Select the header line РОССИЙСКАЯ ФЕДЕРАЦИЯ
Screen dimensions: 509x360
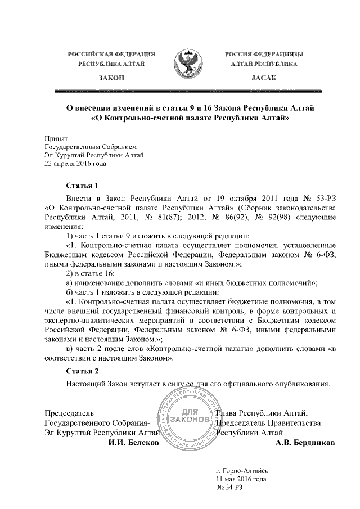tap(111, 54)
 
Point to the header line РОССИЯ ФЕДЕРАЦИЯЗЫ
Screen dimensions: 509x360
tap(264, 54)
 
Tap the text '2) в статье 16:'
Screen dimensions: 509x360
tap(91, 273)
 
